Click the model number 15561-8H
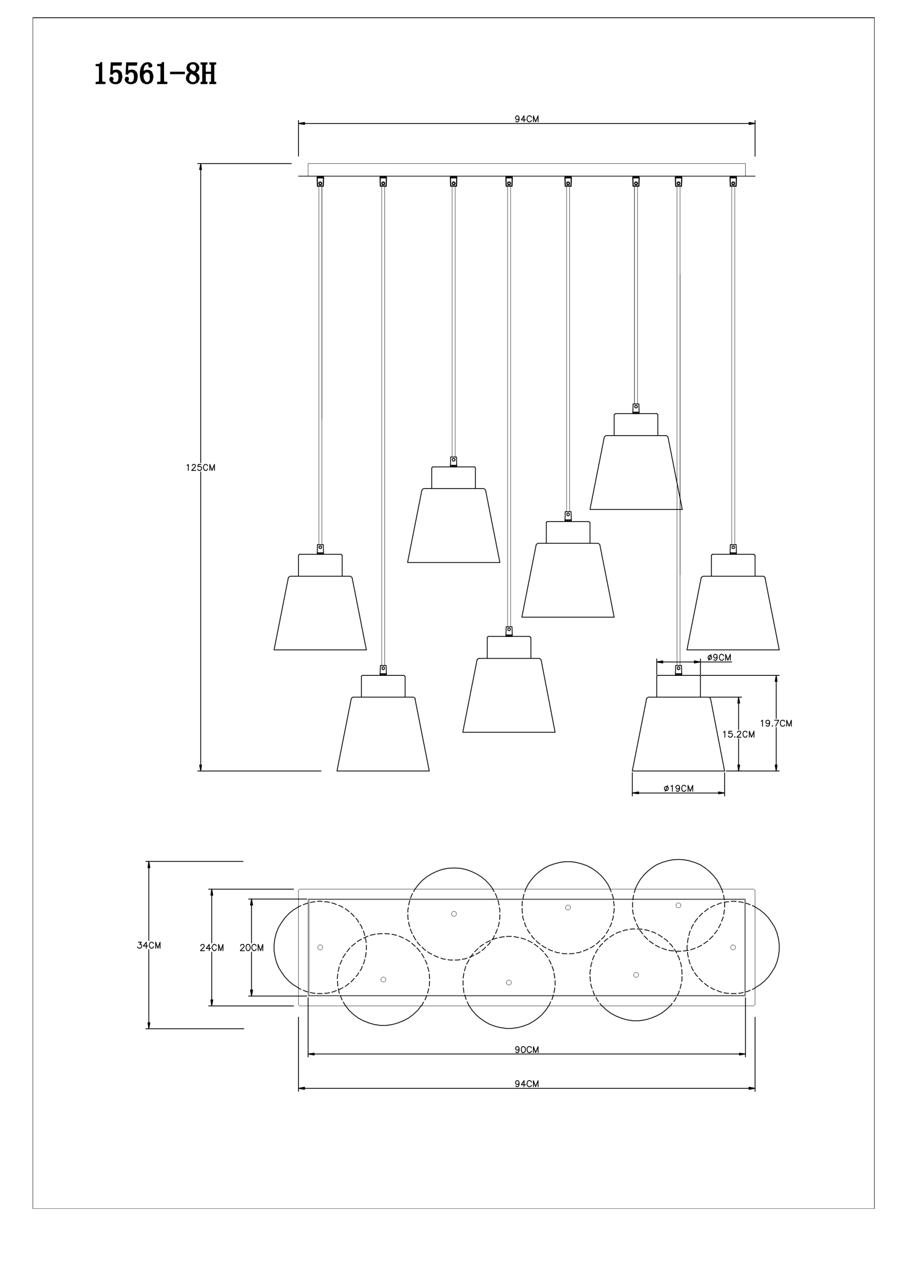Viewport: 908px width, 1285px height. pyautogui.click(x=155, y=74)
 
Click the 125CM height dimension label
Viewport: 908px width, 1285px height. pyautogui.click(x=201, y=468)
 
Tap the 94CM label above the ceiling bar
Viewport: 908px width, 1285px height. pyautogui.click(x=527, y=119)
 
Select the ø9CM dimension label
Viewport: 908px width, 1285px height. pyautogui.click(x=719, y=657)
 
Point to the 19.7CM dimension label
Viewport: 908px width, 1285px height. pyautogui.click(x=776, y=723)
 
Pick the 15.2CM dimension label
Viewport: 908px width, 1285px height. pyautogui.click(x=738, y=734)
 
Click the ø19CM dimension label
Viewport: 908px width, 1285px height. pyautogui.click(x=679, y=788)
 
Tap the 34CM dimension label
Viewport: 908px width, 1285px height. pyautogui.click(x=149, y=945)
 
